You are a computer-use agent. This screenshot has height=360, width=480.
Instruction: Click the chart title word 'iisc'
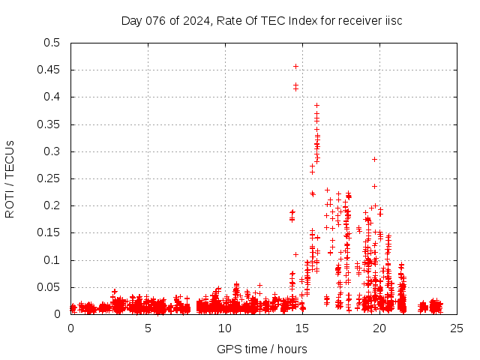pyautogui.click(x=391, y=20)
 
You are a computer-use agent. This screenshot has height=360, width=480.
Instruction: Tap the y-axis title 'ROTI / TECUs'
pyautogui.click(x=10, y=178)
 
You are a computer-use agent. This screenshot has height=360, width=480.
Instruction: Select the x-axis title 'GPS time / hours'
pyautogui.click(x=262, y=349)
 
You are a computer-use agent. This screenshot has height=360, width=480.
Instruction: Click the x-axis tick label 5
pyautogui.click(x=148, y=328)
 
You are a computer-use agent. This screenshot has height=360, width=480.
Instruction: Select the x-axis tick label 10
pyautogui.click(x=225, y=328)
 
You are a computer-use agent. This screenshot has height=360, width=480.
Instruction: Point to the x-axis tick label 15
pyautogui.click(x=302, y=328)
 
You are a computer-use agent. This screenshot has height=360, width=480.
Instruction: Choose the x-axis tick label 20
pyautogui.click(x=379, y=328)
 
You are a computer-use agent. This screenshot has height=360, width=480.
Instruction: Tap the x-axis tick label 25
pyautogui.click(x=457, y=328)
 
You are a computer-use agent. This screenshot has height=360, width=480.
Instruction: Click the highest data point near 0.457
pyautogui.click(x=295, y=66)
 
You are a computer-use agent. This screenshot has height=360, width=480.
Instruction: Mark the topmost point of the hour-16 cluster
pyautogui.click(x=316, y=105)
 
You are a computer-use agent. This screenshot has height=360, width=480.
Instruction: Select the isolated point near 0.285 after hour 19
pyautogui.click(x=374, y=159)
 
